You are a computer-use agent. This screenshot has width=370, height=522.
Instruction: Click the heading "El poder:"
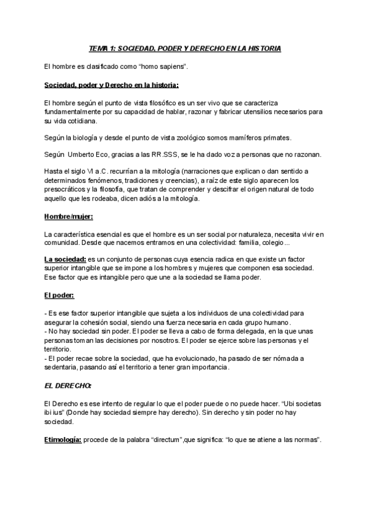pyautogui.click(x=59, y=295)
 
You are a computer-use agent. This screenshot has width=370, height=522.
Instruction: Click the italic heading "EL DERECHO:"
pyautogui.click(x=68, y=386)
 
